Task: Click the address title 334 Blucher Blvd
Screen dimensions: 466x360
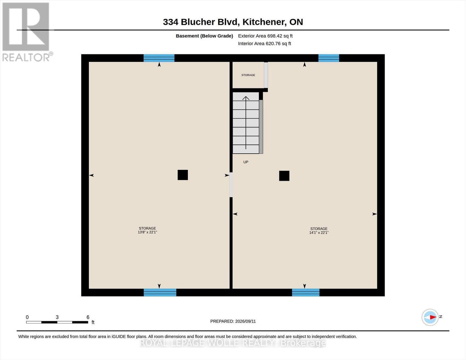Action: click(x=200, y=22)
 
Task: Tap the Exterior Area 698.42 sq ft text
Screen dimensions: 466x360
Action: click(x=265, y=36)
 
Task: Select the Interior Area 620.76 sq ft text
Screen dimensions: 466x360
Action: click(x=264, y=43)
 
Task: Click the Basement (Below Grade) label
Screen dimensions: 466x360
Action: click(x=204, y=36)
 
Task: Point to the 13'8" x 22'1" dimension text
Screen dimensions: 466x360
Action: click(x=147, y=232)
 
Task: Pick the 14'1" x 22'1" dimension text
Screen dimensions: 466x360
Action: click(x=319, y=232)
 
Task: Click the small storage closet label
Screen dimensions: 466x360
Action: click(x=248, y=75)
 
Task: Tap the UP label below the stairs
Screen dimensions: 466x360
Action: click(x=246, y=162)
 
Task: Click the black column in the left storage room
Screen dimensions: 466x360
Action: click(x=183, y=175)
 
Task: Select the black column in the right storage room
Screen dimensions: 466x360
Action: click(x=284, y=176)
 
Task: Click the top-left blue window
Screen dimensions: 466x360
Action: click(x=159, y=58)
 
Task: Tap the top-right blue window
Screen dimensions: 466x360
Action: click(x=329, y=58)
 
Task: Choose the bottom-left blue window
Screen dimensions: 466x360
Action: click(x=160, y=292)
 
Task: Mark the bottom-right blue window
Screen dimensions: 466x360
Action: click(x=306, y=292)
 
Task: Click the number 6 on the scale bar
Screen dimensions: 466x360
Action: click(x=88, y=317)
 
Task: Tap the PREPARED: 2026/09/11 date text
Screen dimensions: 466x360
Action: click(x=233, y=321)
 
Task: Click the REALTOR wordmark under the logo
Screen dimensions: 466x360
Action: click(x=26, y=58)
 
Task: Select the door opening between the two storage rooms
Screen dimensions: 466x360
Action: click(x=231, y=185)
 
